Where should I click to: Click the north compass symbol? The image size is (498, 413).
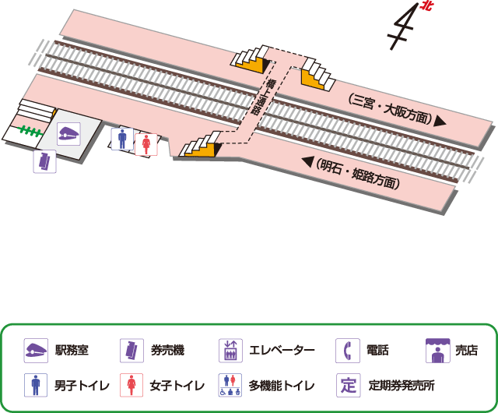(405, 26)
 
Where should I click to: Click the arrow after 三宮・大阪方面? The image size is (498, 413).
(440, 122)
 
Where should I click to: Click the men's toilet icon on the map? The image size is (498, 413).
(122, 139)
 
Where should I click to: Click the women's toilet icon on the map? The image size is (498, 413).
(146, 144)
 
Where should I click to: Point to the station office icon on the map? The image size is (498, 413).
(68, 133)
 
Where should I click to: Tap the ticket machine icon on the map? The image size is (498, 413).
(44, 161)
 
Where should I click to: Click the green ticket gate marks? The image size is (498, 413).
(30, 131)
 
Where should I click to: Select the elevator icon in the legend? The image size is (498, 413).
(230, 351)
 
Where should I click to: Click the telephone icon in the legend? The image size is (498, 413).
(346, 351)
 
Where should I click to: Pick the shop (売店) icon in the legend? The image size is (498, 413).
(438, 351)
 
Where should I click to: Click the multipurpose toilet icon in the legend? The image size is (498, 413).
(230, 385)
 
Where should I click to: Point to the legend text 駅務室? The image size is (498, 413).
(72, 351)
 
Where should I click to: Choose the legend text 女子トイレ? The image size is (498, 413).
(177, 385)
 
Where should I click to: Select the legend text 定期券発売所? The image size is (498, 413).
(402, 385)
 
